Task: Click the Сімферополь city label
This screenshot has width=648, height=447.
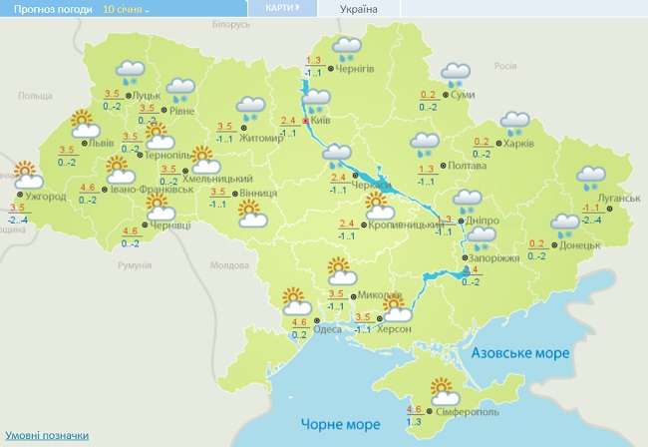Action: click(x=467, y=411)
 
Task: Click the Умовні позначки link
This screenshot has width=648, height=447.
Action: click(x=46, y=435)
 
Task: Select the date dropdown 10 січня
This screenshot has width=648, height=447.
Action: click(x=126, y=9)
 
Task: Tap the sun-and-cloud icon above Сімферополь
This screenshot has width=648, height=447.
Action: click(x=442, y=389)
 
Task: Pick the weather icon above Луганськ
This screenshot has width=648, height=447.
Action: click(x=591, y=177)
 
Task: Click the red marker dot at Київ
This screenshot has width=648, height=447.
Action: click(x=305, y=120)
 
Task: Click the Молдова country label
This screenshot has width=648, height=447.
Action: click(x=228, y=265)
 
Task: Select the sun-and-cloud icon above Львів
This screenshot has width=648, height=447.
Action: click(x=85, y=124)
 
